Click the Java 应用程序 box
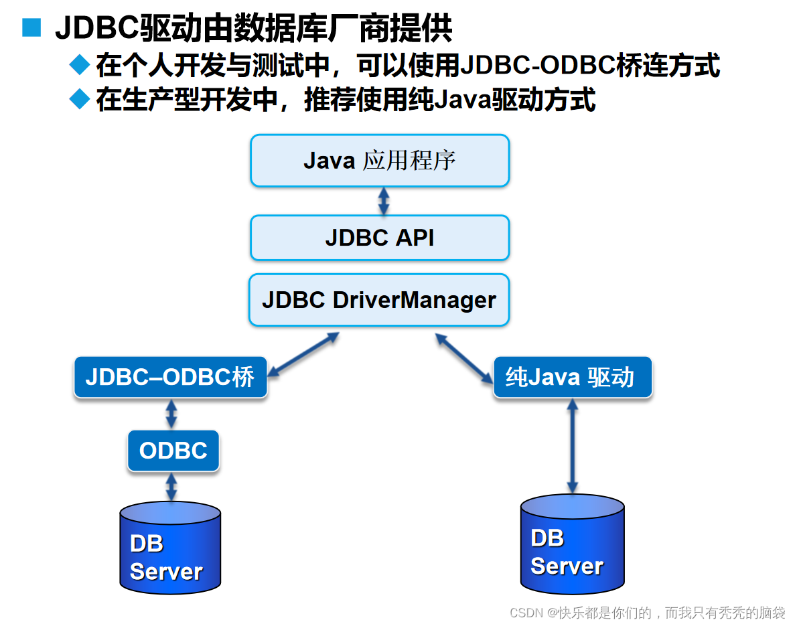(x=380, y=161)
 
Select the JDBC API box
(x=380, y=238)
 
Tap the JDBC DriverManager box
(x=379, y=300)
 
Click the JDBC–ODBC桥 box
(x=170, y=378)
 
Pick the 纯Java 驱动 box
(x=572, y=378)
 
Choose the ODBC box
(x=173, y=451)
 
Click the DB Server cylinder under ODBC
(x=170, y=549)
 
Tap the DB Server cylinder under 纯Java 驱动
(x=572, y=546)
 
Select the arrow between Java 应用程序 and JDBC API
(x=383, y=201)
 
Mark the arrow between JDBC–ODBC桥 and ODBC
(x=171, y=414)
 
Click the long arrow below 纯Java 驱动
(x=572, y=445)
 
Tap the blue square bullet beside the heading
(x=31, y=28)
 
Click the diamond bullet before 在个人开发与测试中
(x=80, y=65)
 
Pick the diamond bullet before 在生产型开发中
(x=80, y=100)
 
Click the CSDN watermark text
(x=647, y=612)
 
